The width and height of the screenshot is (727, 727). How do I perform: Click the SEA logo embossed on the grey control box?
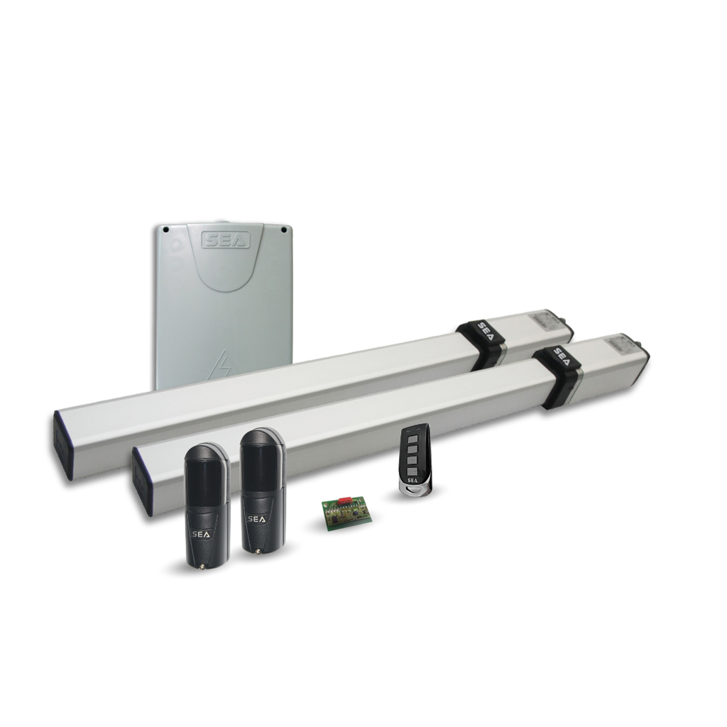pos(226,240)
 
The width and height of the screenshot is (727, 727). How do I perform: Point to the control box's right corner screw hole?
pos(283,229)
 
